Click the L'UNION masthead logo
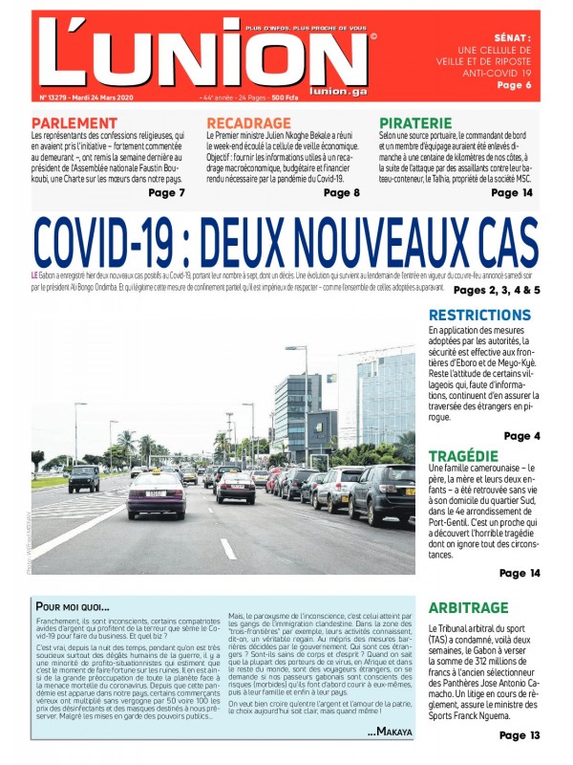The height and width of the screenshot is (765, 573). tap(205, 53)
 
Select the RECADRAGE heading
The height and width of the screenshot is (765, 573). tap(248, 123)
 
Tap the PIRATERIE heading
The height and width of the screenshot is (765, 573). tap(415, 123)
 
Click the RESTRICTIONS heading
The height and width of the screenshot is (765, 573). tap(479, 316)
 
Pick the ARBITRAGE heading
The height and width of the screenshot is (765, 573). tap(469, 607)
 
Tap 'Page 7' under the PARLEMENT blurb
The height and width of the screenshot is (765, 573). tap(167, 192)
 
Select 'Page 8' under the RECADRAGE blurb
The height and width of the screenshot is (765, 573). tap(342, 192)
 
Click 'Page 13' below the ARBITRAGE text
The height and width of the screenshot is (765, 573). tap(520, 735)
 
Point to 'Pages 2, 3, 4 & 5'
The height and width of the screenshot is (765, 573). tap(497, 290)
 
